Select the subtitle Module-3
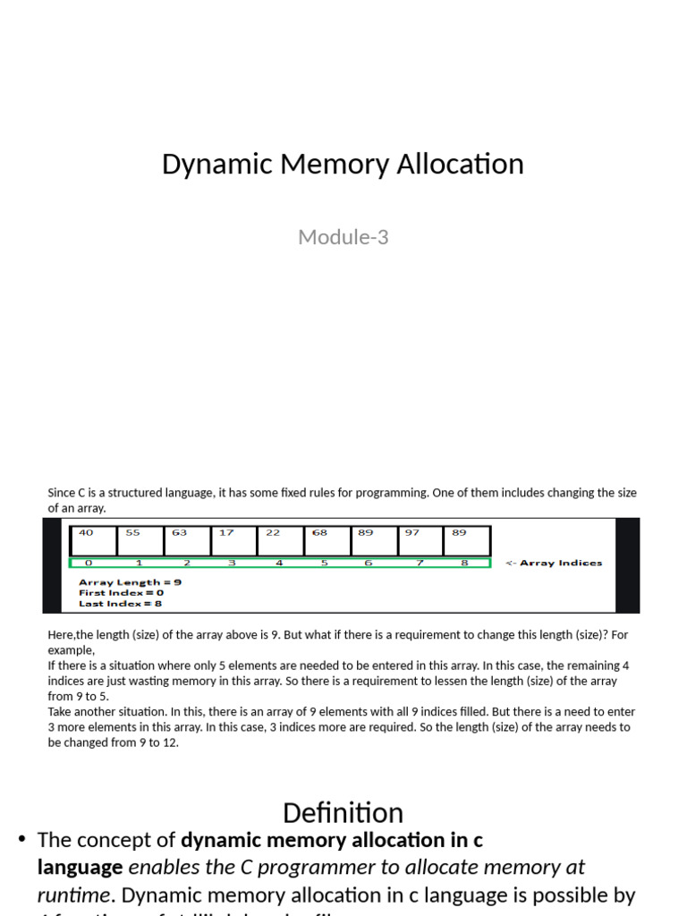(x=343, y=237)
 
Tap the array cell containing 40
(x=94, y=540)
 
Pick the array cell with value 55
(x=140, y=540)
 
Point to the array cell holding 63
(x=187, y=540)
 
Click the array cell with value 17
(x=233, y=540)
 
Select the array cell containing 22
(x=280, y=540)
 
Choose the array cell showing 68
(x=327, y=540)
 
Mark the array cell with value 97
(x=420, y=540)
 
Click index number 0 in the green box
(x=88, y=564)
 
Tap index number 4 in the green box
(x=279, y=564)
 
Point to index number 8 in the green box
(x=463, y=564)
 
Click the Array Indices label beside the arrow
(x=561, y=564)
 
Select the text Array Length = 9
(x=131, y=582)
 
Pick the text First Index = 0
(x=122, y=592)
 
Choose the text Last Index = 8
(x=121, y=603)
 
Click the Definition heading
(x=343, y=812)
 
